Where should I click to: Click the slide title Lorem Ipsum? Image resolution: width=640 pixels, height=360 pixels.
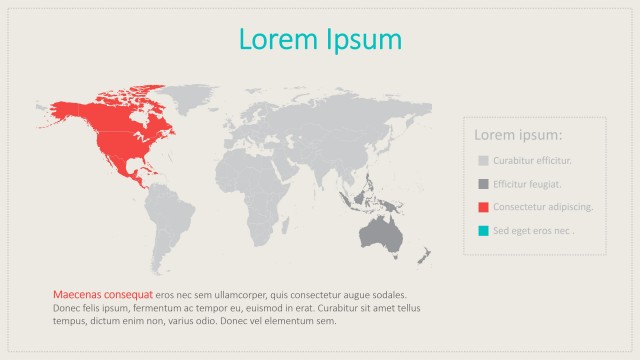tap(320, 39)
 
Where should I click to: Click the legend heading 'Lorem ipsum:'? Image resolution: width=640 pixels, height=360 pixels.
tap(518, 135)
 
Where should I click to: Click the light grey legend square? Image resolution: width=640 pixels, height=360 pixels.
tap(483, 161)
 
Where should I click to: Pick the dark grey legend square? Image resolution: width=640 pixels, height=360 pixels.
tap(483, 184)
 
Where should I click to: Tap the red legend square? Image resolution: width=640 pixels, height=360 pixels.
tap(483, 207)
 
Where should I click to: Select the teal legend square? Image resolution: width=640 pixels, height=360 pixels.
tap(483, 231)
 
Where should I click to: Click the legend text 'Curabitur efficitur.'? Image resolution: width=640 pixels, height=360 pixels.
tap(532, 161)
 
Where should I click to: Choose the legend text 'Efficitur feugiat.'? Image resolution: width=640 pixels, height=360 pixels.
tap(527, 184)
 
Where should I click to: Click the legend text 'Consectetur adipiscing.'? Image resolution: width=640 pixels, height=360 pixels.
tap(543, 207)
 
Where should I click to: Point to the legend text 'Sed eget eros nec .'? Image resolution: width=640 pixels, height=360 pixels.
tap(534, 231)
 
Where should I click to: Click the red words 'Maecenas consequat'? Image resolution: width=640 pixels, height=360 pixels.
tap(103, 295)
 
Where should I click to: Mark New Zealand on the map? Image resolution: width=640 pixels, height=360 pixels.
tap(423, 254)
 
